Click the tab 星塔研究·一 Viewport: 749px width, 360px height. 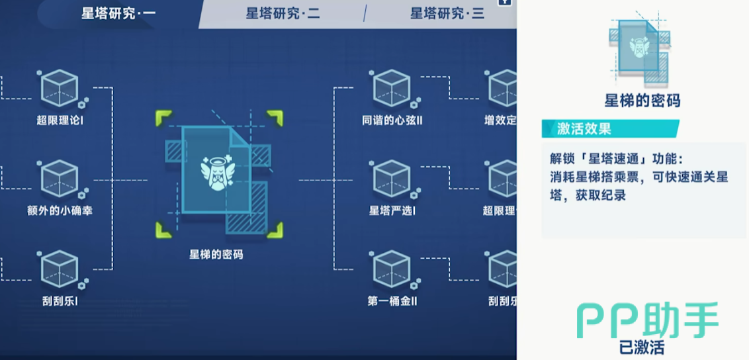118,13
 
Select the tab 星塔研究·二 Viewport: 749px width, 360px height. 283,13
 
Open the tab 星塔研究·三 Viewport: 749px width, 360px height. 447,13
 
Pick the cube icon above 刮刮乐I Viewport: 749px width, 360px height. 60,269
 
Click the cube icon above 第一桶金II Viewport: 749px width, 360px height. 392,269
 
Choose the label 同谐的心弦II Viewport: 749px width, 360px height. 392,121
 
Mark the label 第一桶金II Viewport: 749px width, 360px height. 392,301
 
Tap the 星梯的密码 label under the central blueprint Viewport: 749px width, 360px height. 216,254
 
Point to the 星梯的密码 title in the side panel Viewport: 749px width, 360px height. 642,101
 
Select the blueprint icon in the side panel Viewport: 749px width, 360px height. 639,48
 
